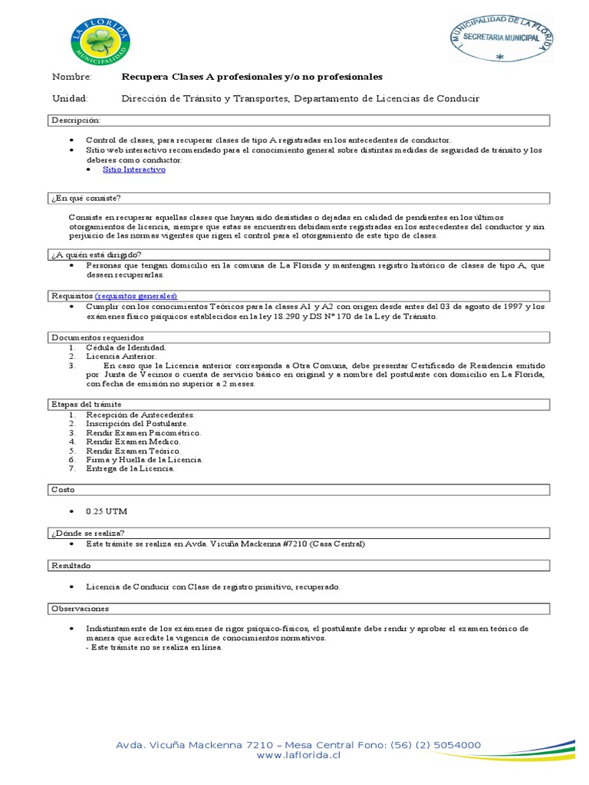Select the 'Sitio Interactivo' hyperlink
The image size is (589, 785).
[x=133, y=169]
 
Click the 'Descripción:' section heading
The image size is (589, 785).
[x=75, y=120]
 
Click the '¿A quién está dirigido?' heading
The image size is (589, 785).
[x=96, y=254]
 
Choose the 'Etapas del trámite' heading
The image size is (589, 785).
[x=86, y=404]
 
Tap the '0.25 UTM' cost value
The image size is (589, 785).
[x=108, y=510]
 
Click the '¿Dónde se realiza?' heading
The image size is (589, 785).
[x=87, y=532]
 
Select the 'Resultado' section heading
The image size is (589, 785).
[x=71, y=565]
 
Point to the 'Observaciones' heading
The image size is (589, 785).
[x=80, y=607]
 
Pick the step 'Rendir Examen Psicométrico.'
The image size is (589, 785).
[x=143, y=432]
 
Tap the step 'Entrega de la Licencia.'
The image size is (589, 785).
[x=130, y=468]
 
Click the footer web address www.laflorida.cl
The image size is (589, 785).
[x=298, y=755]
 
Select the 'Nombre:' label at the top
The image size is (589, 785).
[x=71, y=77]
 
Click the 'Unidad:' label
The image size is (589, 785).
[x=70, y=99]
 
